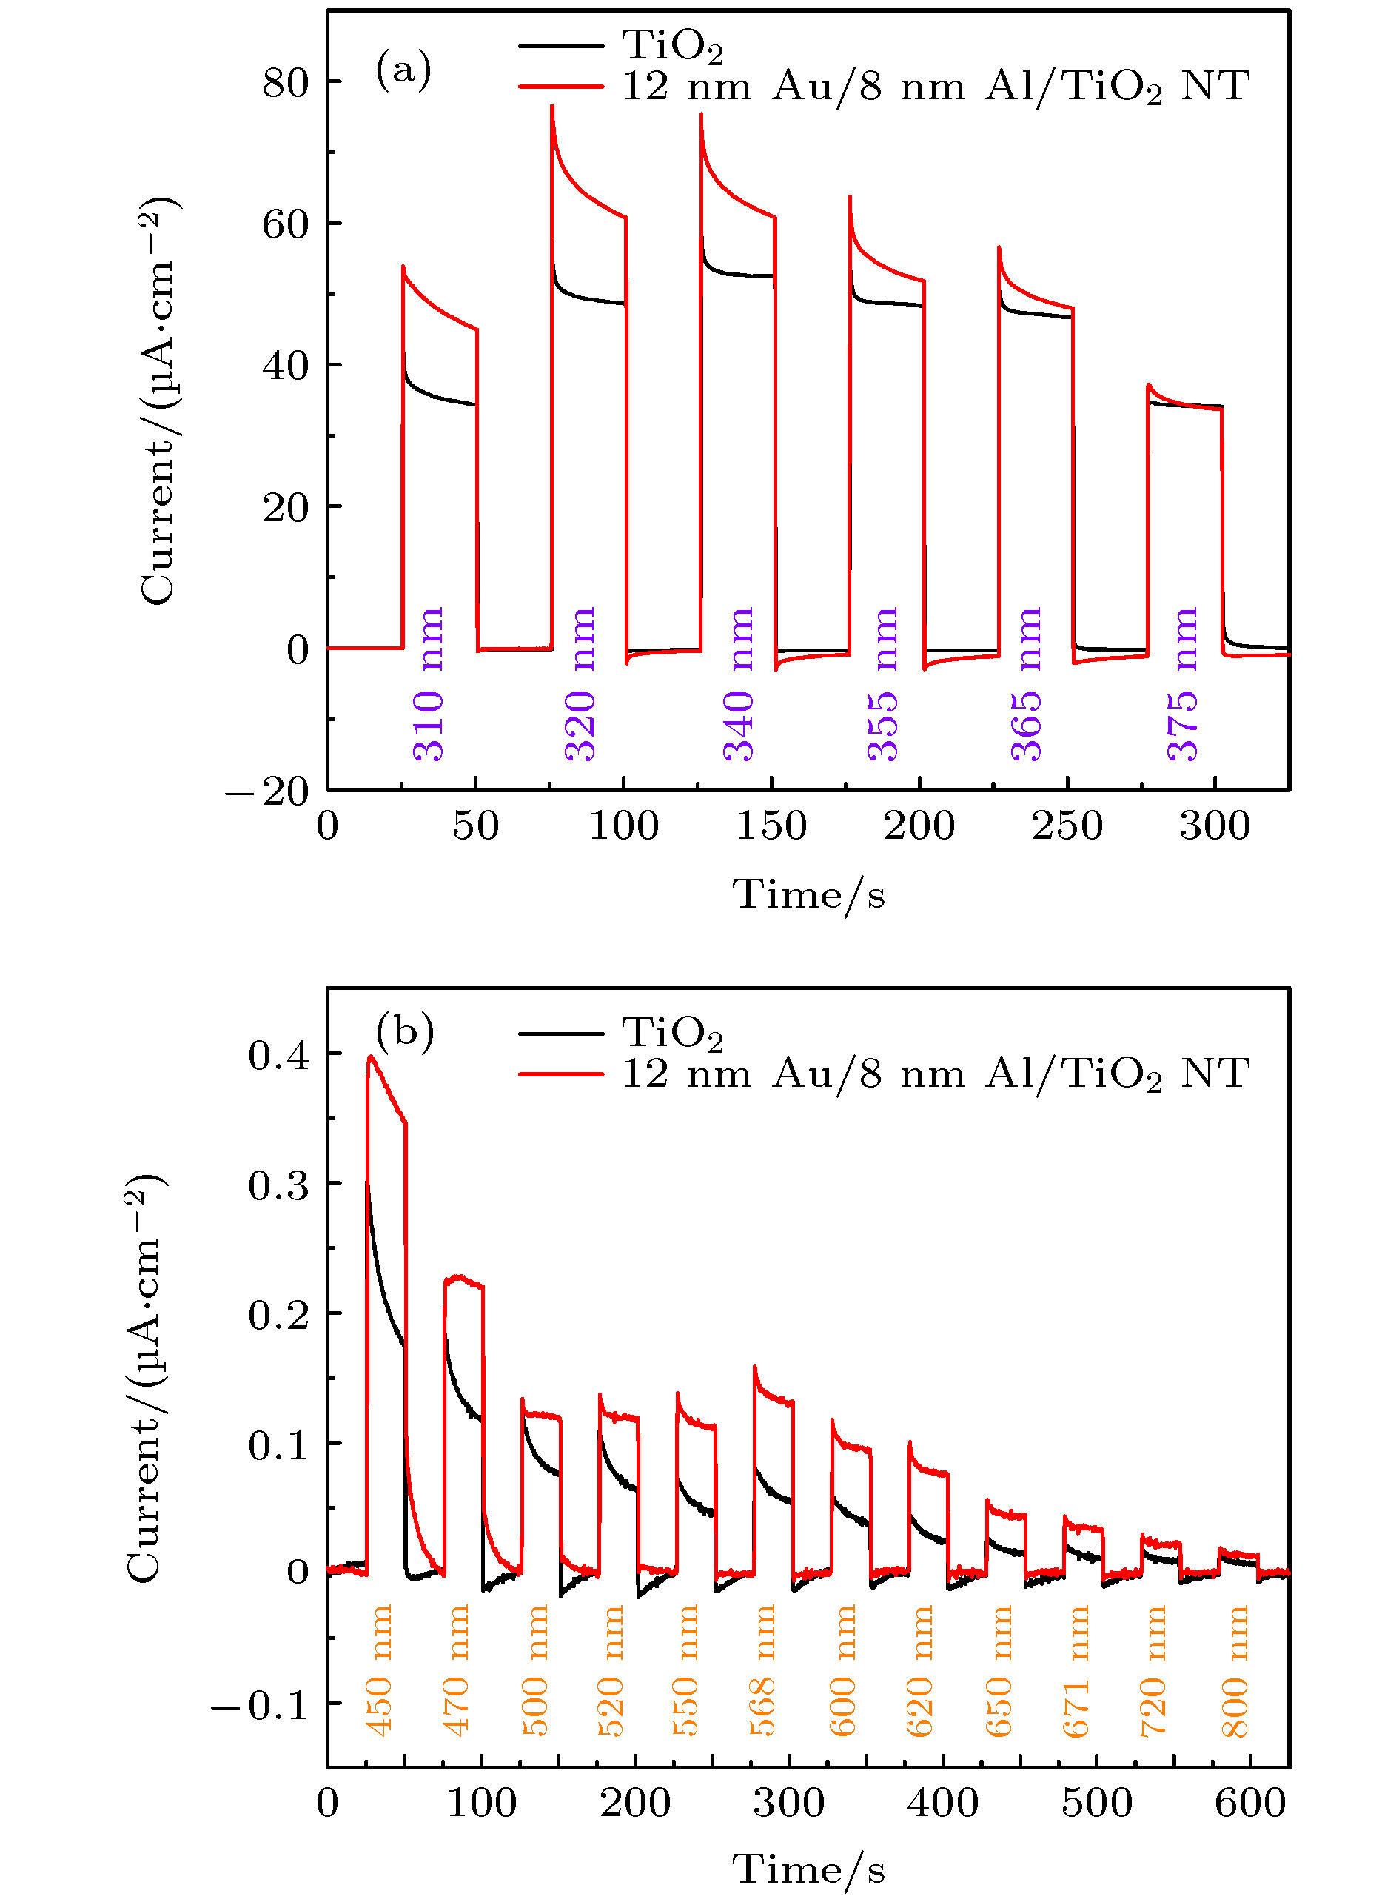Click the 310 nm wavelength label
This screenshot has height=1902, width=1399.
click(x=429, y=684)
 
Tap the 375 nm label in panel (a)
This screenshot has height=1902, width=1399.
click(x=1183, y=684)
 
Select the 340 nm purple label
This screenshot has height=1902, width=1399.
click(x=739, y=684)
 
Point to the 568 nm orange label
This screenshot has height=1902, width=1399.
click(x=763, y=1670)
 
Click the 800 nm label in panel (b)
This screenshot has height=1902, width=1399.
click(x=1236, y=1670)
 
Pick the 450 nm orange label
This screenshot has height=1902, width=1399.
click(x=380, y=1670)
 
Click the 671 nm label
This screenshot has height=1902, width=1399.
click(x=1076, y=1670)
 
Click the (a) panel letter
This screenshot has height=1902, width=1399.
click(x=404, y=70)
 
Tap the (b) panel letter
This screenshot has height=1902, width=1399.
click(x=405, y=1031)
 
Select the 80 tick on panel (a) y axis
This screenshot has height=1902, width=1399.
click(x=286, y=83)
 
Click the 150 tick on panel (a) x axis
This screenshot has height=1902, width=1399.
click(x=771, y=826)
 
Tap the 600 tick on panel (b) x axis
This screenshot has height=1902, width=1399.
click(x=1250, y=1804)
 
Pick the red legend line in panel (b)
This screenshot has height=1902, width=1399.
click(x=560, y=1074)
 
